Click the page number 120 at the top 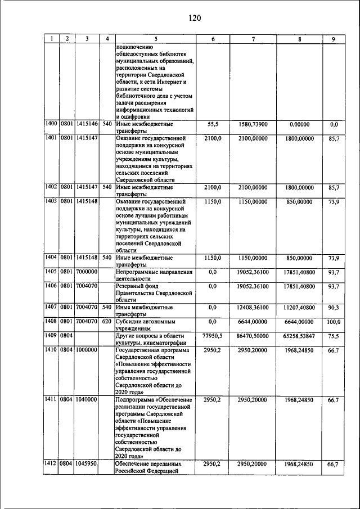195,18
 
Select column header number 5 155,38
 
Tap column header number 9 333,38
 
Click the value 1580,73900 253,124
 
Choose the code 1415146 87,124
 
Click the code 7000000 87,272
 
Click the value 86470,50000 253,335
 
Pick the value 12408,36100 253,308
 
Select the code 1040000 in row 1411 87,399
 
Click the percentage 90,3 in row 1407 334,308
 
